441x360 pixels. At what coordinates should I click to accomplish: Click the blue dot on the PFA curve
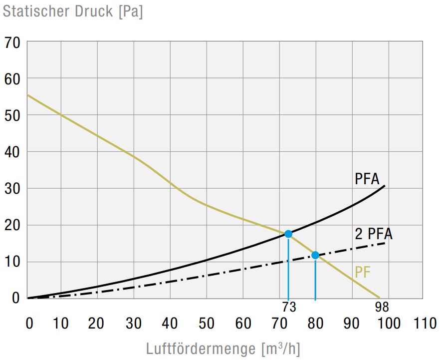click(288, 234)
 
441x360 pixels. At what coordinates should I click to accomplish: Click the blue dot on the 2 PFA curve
click(315, 255)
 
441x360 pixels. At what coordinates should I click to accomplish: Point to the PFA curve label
click(367, 179)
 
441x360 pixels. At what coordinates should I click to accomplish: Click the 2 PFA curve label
click(373, 234)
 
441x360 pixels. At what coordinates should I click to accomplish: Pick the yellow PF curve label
click(363, 273)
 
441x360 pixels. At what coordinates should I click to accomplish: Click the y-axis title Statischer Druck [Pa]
click(73, 11)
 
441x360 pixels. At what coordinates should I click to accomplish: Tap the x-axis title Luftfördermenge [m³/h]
click(223, 348)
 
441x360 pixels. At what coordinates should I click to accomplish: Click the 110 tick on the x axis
click(425, 324)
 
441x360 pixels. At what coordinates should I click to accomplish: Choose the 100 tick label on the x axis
click(389, 324)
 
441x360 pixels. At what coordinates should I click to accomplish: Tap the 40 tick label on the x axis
click(170, 324)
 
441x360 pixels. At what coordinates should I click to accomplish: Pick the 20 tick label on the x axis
click(97, 324)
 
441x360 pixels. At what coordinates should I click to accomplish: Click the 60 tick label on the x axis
click(243, 324)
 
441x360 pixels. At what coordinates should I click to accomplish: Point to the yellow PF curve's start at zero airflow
click(28, 95)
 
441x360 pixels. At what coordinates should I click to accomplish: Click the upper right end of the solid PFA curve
click(384, 186)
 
